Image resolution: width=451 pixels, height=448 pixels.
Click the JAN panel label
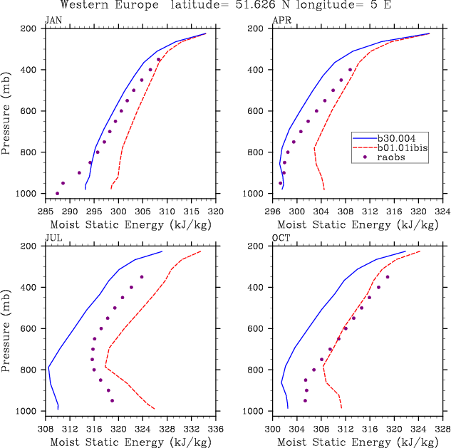pos(53,21)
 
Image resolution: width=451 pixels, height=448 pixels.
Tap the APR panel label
pos(281,21)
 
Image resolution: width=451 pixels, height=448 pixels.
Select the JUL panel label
pos(53,239)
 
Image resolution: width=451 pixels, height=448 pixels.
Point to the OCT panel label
pos(281,239)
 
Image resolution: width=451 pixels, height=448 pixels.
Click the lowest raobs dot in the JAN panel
pos(57,193)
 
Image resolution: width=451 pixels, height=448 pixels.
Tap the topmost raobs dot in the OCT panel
pos(388,277)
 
